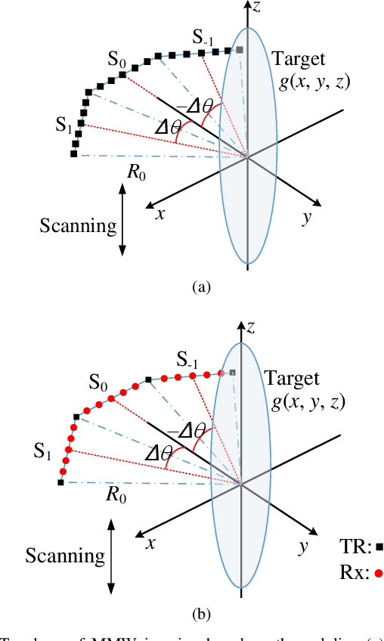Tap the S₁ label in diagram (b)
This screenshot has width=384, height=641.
42,453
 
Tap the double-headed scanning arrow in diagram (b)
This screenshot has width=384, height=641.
111,558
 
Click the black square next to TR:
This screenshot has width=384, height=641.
379,545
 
